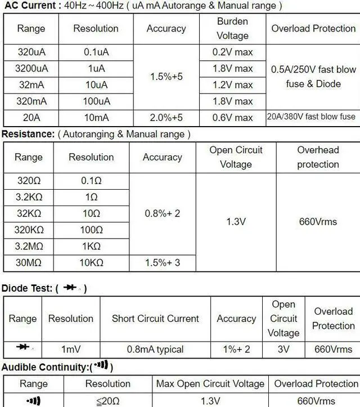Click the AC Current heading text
[30, 6]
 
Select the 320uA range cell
[31, 52]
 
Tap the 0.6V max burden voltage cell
[232, 118]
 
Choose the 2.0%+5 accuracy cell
[166, 118]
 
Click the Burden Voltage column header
[232, 28]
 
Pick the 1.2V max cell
[232, 85]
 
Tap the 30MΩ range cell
[29, 263]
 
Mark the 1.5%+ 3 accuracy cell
[163, 263]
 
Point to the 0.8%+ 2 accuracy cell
[163, 214]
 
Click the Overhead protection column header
[318, 157]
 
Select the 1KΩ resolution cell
[91, 247]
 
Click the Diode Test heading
[27, 288]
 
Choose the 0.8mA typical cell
[155, 349]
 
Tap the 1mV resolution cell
[71, 349]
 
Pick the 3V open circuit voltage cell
[283, 349]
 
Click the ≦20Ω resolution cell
[107, 401]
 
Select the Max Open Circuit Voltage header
[210, 384]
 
